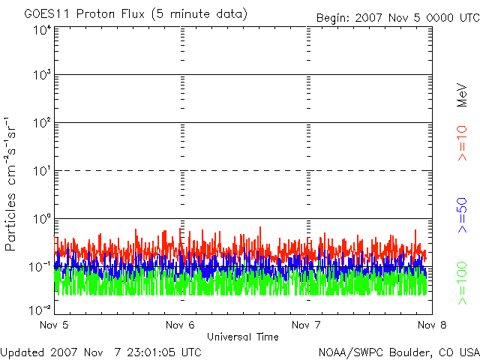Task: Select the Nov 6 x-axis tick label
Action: (180, 325)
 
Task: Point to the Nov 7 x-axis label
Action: (305, 325)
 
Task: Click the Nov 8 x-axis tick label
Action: (430, 325)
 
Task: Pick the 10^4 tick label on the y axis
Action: (41, 30)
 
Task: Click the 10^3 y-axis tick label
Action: (41, 76)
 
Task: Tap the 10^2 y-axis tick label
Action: (41, 124)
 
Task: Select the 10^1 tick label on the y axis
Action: (41, 172)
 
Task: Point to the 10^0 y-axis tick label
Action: (41, 220)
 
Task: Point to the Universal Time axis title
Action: (242, 337)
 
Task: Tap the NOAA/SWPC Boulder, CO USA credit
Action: (398, 352)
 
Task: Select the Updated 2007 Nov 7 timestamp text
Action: (101, 352)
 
